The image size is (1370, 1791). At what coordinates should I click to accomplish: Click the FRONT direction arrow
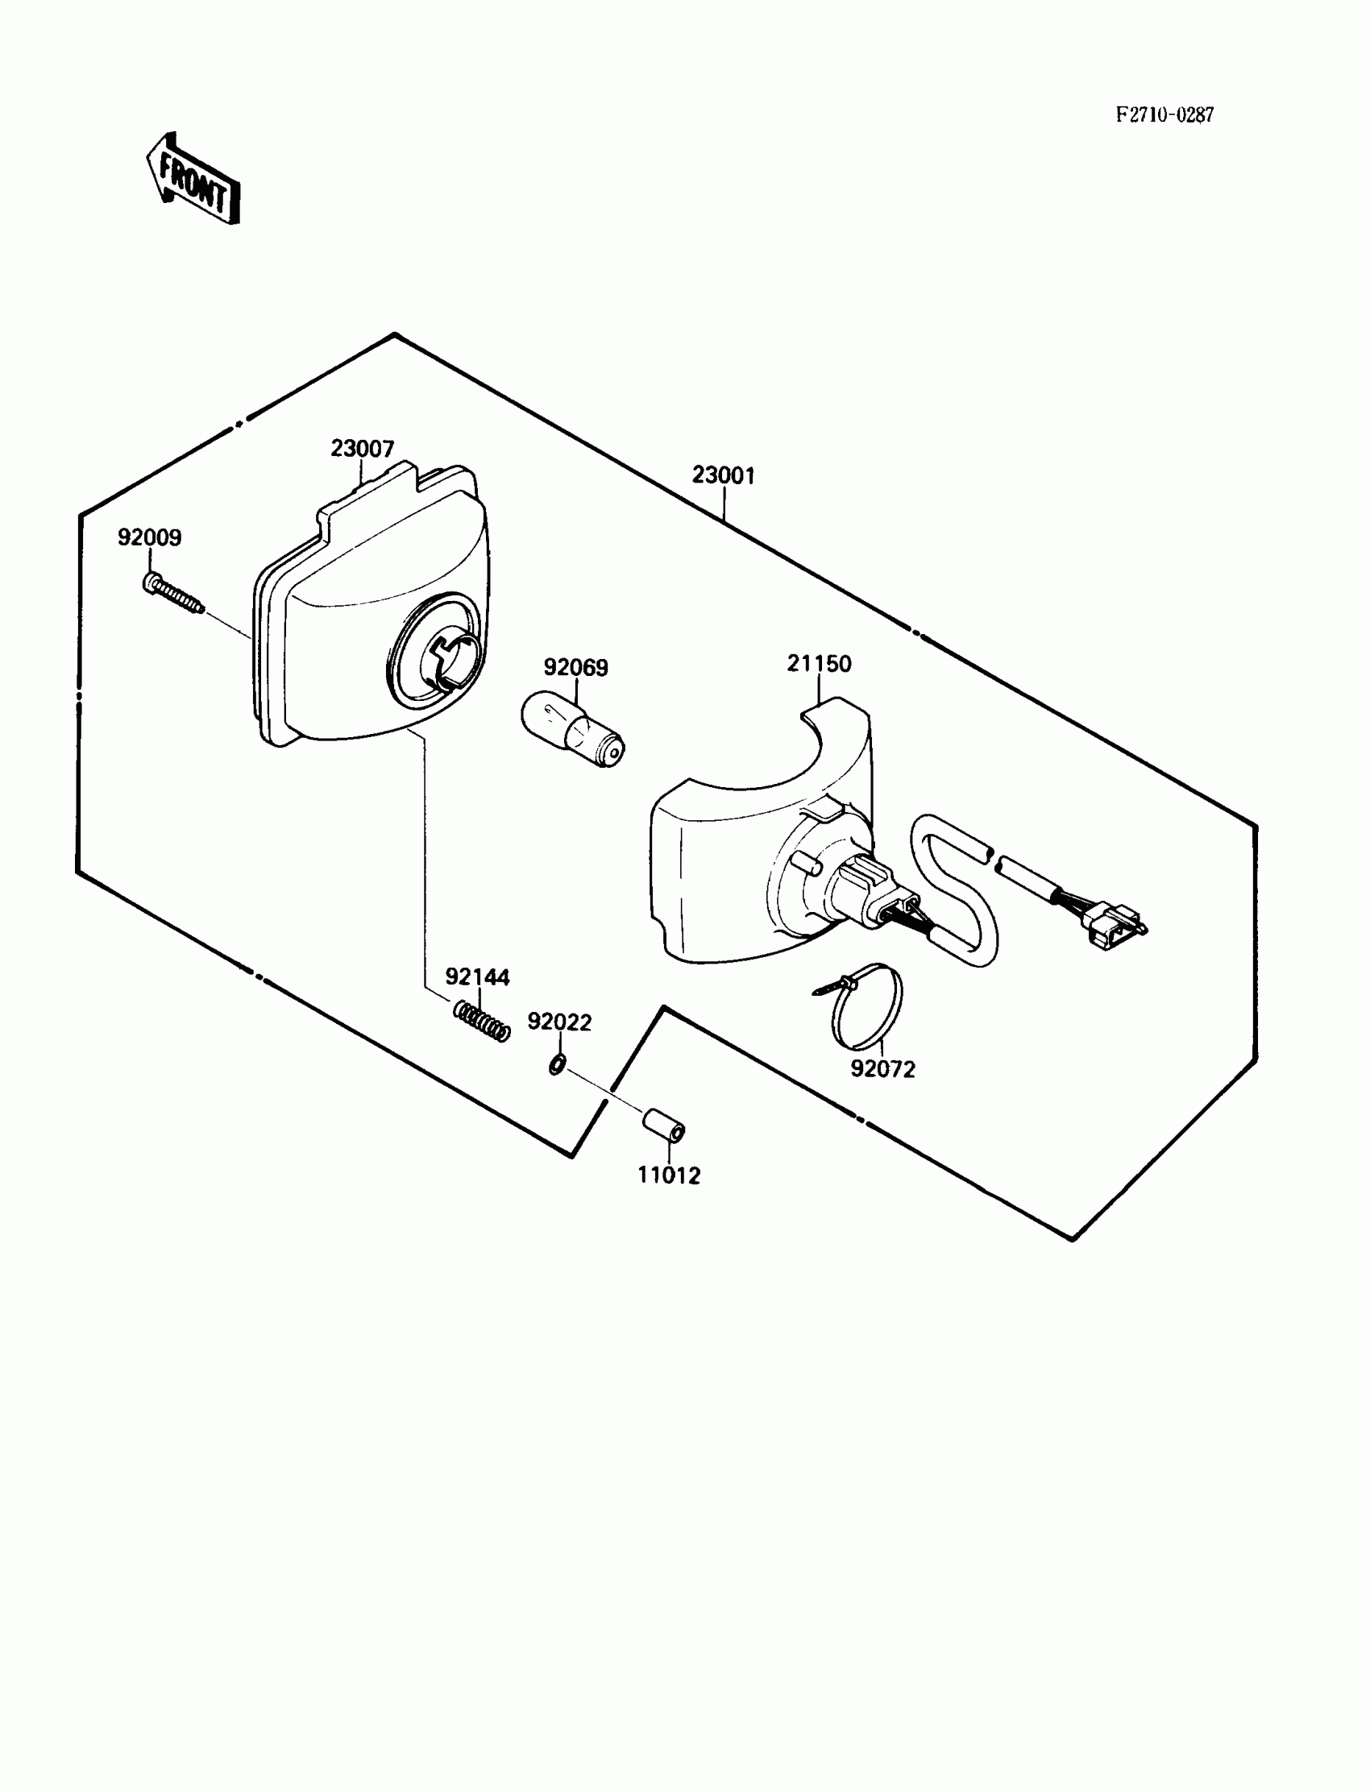193,180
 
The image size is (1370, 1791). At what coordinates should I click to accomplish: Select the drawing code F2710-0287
1164,115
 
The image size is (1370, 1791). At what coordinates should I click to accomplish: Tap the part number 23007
362,449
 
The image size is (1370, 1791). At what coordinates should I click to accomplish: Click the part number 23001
724,475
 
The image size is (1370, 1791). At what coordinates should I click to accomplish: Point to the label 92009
149,538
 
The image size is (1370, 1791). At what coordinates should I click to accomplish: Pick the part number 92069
575,668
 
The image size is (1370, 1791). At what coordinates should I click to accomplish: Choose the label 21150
819,664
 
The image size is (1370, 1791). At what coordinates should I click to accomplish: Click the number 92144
477,976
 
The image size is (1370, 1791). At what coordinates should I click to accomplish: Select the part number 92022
559,1022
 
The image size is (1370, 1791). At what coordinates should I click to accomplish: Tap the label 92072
883,1069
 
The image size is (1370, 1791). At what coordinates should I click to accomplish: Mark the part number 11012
669,1175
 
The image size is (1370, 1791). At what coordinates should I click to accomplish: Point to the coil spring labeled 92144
481,1022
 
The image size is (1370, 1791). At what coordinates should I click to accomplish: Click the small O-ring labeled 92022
557,1063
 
